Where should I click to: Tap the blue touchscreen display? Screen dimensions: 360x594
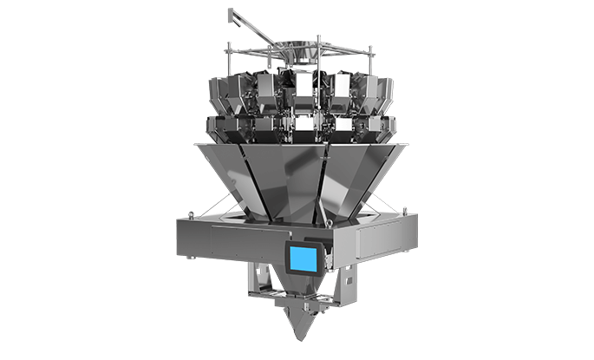[x=303, y=258]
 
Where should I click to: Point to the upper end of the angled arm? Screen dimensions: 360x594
[x=231, y=12]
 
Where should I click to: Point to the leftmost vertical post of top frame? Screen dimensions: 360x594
[x=227, y=59]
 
